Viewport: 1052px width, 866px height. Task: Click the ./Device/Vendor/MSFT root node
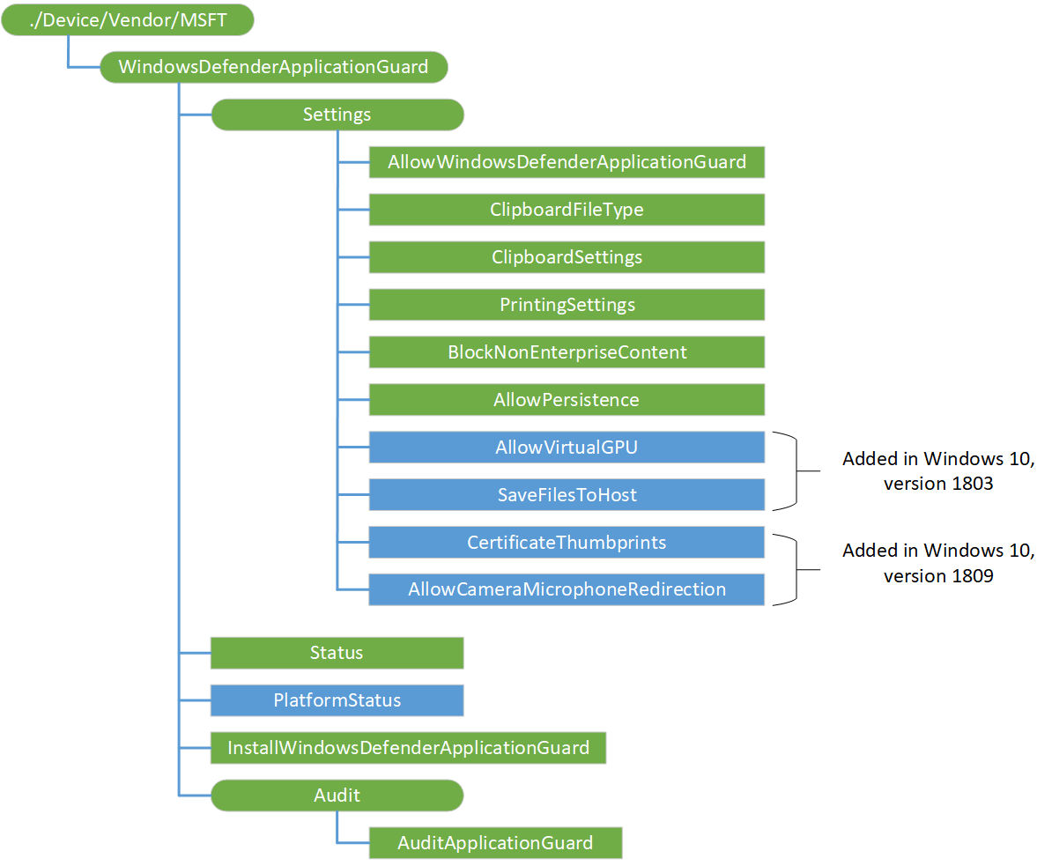128,19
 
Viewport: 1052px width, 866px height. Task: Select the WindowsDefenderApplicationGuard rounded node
273,67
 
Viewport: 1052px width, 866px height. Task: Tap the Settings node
337,115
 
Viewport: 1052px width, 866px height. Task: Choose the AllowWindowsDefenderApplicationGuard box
567,162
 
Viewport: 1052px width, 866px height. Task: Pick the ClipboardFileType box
567,210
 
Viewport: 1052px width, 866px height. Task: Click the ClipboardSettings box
567,257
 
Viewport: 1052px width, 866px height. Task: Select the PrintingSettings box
567,305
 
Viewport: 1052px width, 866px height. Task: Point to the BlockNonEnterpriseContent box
567,352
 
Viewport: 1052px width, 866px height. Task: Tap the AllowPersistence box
567,400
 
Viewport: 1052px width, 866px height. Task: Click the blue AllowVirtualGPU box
567,448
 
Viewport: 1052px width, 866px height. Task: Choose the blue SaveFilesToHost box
567,495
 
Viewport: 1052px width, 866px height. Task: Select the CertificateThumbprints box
567,543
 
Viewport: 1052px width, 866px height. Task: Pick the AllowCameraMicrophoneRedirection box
567,590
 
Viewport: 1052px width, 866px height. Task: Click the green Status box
337,654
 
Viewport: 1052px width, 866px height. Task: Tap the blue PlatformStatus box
337,701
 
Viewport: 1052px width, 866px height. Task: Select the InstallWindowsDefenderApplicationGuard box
408,749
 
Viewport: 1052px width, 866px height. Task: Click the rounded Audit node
337,796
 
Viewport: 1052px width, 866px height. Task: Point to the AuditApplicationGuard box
495,843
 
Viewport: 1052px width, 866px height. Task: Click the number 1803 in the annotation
974,484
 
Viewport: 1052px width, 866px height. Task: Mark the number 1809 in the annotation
974,577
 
